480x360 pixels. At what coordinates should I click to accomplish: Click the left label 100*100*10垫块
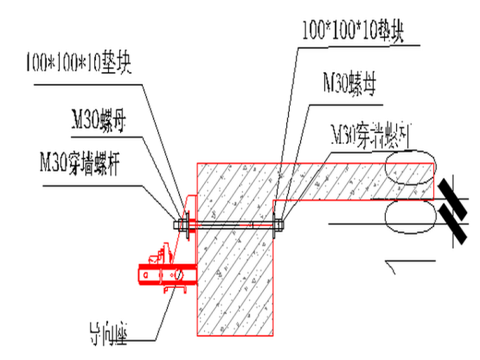coord(78,64)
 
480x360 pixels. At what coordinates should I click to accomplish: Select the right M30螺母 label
coord(349,83)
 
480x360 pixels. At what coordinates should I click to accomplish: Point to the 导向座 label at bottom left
coord(108,333)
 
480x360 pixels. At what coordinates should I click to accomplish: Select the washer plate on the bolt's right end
coord(275,224)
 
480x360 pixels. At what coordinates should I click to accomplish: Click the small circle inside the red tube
coord(179,275)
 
